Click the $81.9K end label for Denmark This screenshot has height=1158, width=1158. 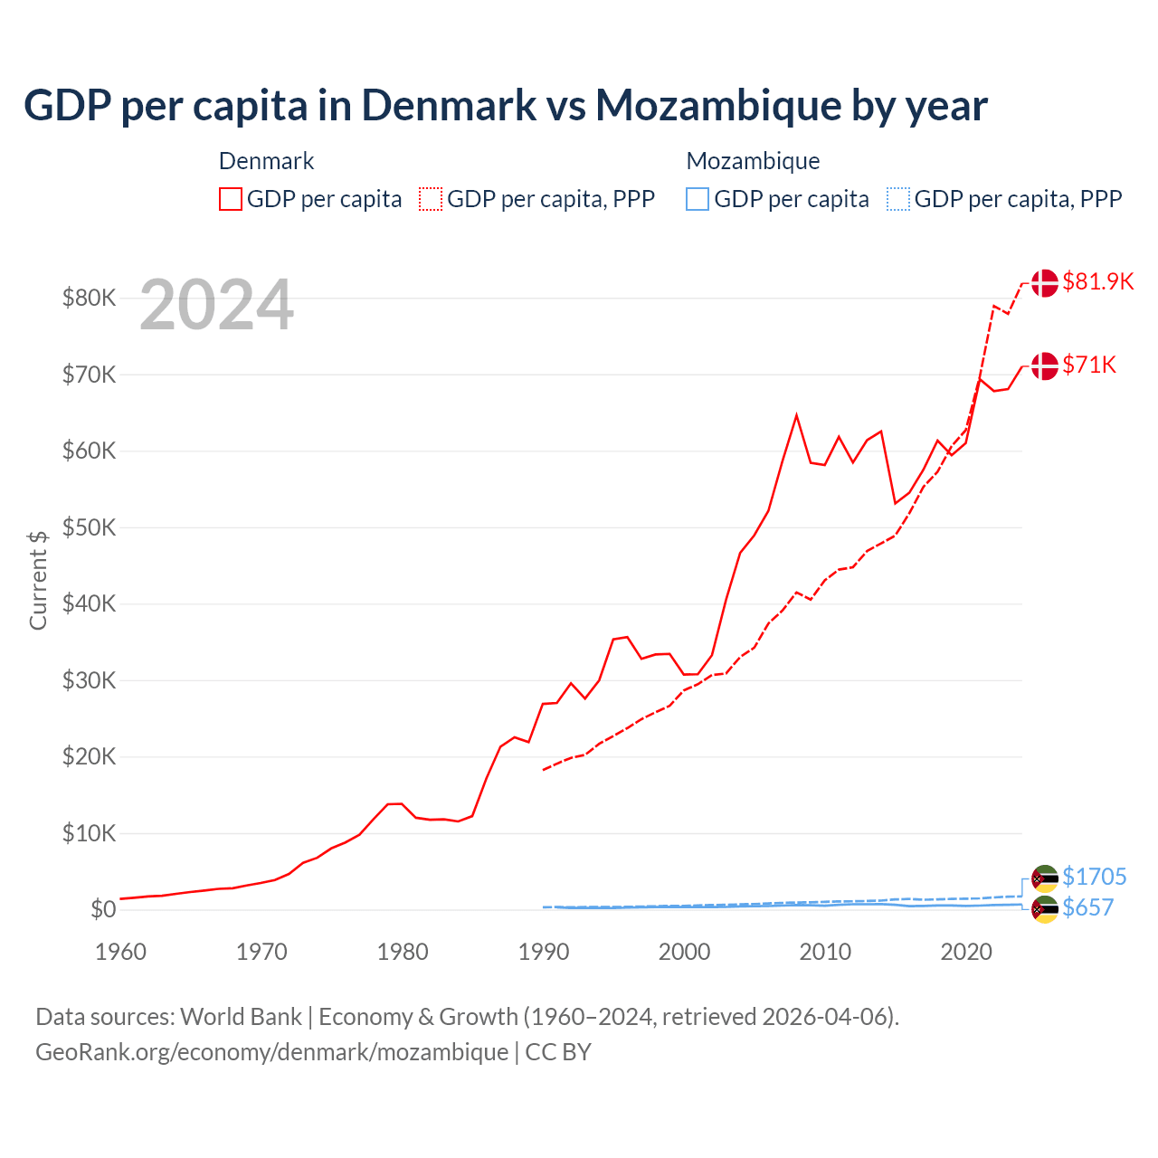pyautogui.click(x=1097, y=281)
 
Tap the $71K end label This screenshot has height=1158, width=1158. pyautogui.click(x=1089, y=365)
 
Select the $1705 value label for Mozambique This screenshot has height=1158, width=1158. pyautogui.click(x=1094, y=877)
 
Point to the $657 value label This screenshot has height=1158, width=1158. pyautogui.click(x=1087, y=907)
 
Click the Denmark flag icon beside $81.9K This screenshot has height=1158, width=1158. pyautogui.click(x=1045, y=282)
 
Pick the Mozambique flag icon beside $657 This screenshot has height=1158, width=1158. pyautogui.click(x=1045, y=909)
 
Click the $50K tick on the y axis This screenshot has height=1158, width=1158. pyautogui.click(x=89, y=527)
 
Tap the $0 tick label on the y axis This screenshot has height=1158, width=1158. pyautogui.click(x=103, y=909)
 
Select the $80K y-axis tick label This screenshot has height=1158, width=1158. pyautogui.click(x=89, y=298)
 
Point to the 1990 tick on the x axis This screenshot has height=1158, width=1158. pyautogui.click(x=544, y=952)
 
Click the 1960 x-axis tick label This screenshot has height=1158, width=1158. pyautogui.click(x=120, y=952)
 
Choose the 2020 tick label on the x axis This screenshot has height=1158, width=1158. pyautogui.click(x=966, y=952)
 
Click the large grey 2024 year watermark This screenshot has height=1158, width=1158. pyautogui.click(x=216, y=305)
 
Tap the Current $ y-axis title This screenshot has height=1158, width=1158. pyautogui.click(x=38, y=580)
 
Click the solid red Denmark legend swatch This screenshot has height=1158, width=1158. pyautogui.click(x=231, y=199)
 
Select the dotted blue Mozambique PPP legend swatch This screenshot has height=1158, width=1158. pyautogui.click(x=898, y=199)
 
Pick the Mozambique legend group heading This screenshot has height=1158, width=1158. pyautogui.click(x=753, y=161)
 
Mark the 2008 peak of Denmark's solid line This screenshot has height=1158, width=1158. pyautogui.click(x=796, y=415)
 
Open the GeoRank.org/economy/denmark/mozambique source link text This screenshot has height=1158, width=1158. pyautogui.click(x=271, y=1052)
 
